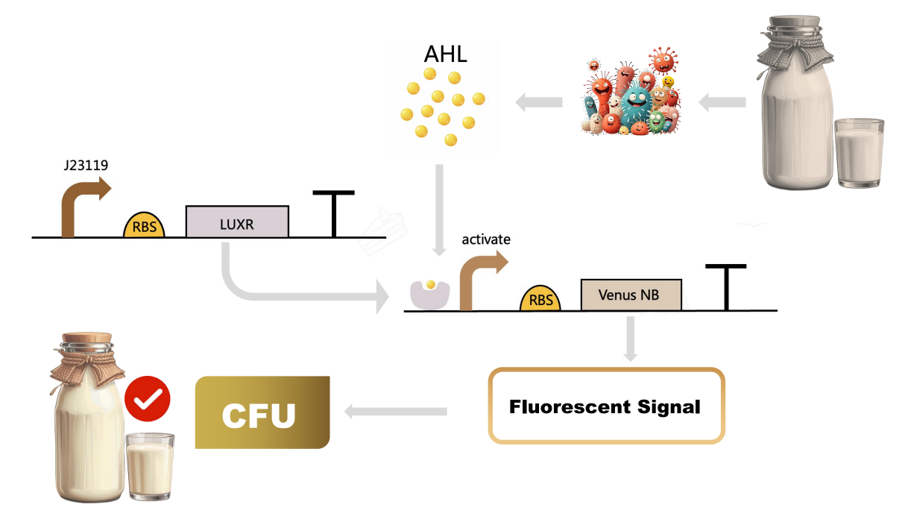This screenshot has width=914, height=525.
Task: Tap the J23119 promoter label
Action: point(86,166)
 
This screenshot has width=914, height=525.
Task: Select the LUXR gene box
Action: point(237,221)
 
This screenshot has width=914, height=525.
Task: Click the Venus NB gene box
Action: point(631,295)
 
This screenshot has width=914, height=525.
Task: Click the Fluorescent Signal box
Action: point(605,406)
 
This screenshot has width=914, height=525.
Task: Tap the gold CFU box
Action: point(262,412)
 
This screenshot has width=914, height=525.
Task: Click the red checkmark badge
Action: point(148,399)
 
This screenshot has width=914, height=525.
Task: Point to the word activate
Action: point(486,239)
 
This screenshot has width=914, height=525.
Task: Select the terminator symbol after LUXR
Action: point(333,213)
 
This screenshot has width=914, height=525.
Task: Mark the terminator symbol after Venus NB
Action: point(727,286)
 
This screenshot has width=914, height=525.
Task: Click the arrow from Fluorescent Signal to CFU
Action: point(394,410)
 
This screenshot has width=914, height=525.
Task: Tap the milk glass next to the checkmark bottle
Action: point(151,466)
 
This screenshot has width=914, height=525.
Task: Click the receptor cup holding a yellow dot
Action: point(429,293)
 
